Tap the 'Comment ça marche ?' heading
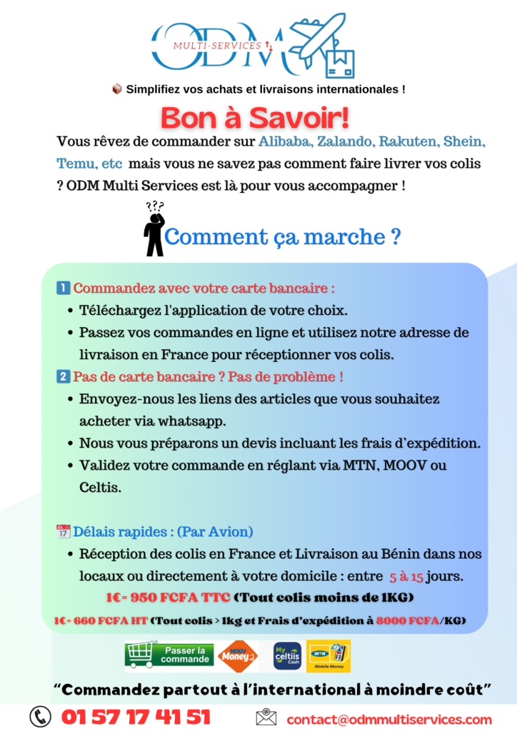(282, 236)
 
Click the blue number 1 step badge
(63, 289)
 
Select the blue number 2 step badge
(63, 376)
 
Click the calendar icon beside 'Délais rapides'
(63, 532)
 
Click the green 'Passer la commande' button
(169, 655)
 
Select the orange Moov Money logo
(238, 656)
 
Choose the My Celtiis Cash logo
(287, 656)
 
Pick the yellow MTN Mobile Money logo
(328, 656)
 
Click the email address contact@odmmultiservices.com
(389, 719)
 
